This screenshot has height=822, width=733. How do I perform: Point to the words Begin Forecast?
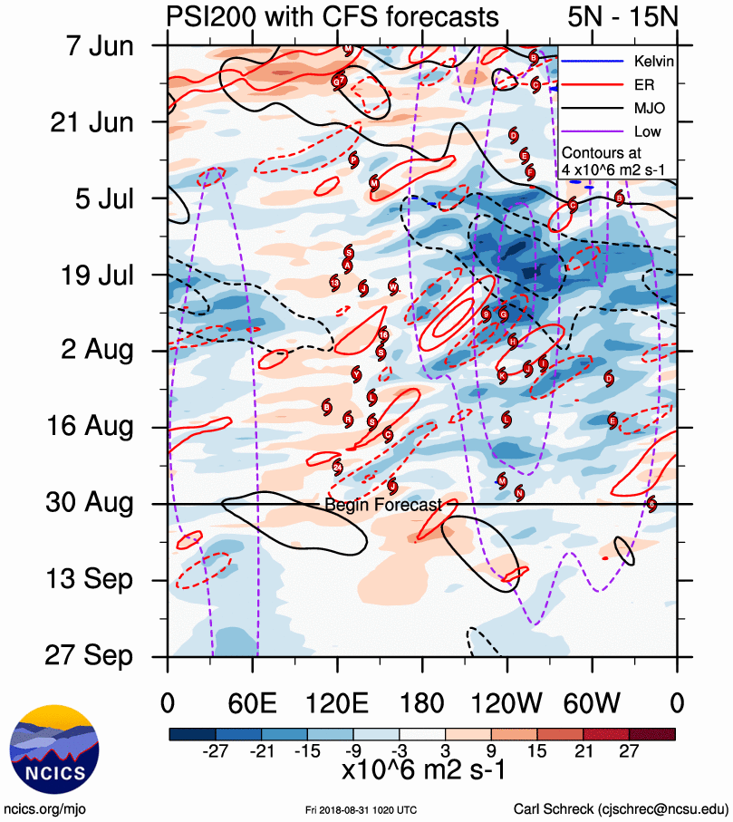[x=383, y=505]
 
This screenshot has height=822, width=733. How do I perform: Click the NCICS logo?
[x=53, y=748]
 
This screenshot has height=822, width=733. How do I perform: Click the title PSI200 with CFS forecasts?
[x=332, y=16]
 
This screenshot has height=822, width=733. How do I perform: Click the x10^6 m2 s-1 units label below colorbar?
[x=422, y=770]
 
